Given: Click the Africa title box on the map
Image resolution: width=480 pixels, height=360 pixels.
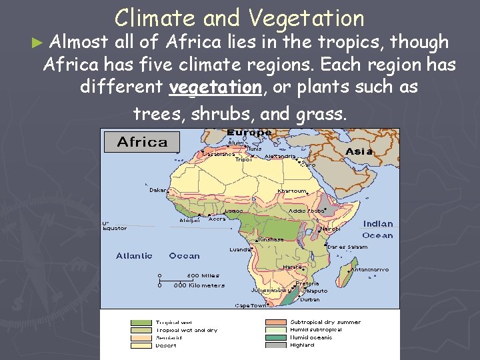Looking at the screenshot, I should coord(142,141).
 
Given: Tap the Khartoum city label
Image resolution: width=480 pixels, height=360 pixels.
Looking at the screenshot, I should coord(291,191).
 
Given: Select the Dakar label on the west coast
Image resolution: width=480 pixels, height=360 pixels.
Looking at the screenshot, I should coord(159,189).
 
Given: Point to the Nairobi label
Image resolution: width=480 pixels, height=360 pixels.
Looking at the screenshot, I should coord(329,229).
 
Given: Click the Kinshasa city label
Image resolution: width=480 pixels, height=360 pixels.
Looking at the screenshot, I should coord(271,239).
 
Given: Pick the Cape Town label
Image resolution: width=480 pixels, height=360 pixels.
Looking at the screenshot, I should coord(250,305).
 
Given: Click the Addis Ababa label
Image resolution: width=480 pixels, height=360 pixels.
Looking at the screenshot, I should coord(306,211).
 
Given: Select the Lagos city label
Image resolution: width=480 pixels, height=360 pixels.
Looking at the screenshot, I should coord(233,211).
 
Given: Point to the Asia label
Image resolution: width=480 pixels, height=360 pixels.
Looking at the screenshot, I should coord(359,151).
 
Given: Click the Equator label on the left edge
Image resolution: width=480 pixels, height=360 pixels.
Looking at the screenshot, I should coord(114,228).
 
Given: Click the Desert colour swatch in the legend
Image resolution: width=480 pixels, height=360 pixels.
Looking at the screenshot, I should coord(141,345).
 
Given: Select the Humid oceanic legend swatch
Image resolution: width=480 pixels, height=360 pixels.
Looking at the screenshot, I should coord(276,337).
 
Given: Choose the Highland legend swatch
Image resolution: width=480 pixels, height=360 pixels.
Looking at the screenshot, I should coord(276,345).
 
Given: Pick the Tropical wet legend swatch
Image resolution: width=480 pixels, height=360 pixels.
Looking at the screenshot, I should coord(141,322).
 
